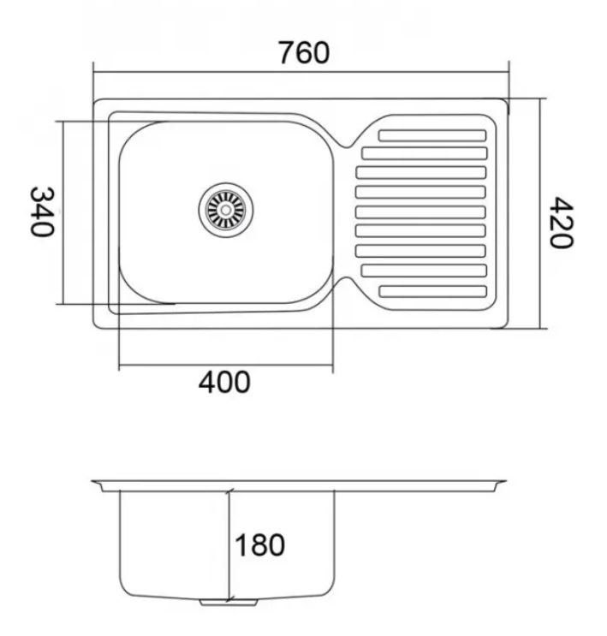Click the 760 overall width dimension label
point(303,53)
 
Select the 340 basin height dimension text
point(42,211)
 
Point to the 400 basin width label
point(224,382)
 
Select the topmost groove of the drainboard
point(431,135)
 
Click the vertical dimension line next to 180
point(229,544)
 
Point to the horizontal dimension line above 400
point(224,366)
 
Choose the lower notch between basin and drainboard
point(346,282)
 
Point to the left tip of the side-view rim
point(94,483)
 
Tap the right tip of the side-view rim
point(504,482)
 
